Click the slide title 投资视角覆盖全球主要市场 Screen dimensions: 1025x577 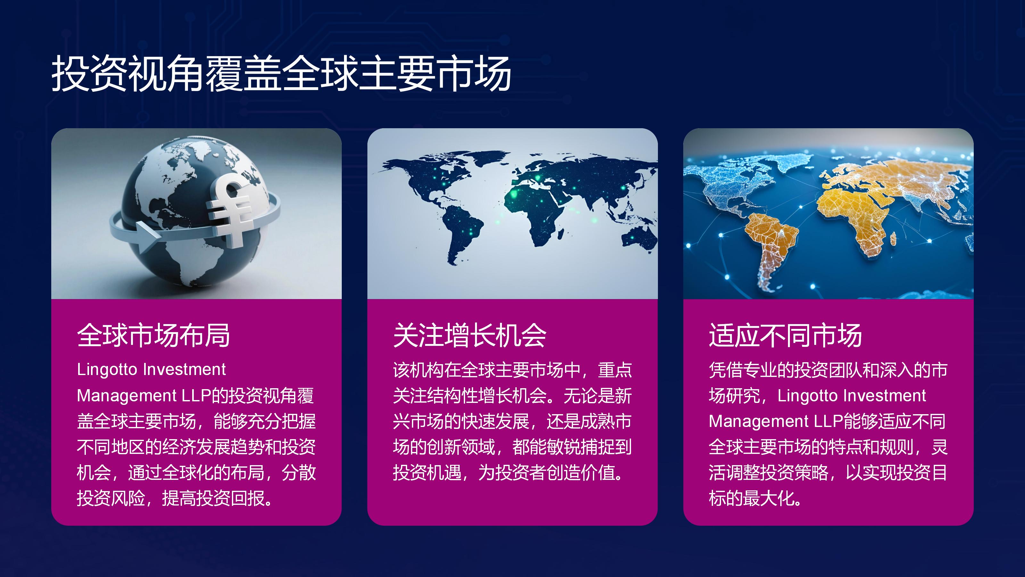[x=281, y=73]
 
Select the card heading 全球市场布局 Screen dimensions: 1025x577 [x=154, y=335]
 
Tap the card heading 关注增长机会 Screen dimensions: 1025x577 [x=470, y=335]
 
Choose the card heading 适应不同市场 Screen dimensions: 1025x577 [x=785, y=335]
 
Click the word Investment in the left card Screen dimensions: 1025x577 [x=184, y=370]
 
